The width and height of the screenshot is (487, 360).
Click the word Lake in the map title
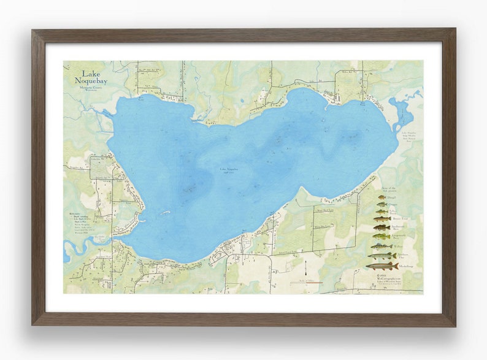pyautogui.click(x=82, y=72)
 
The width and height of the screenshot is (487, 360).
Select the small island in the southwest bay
pyautogui.click(x=164, y=213)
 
